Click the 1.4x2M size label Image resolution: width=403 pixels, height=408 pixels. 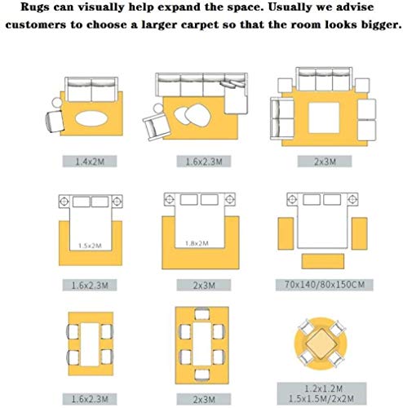point(90,162)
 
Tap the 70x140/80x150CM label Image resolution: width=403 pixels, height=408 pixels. point(325,285)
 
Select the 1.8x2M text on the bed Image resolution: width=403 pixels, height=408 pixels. point(197,243)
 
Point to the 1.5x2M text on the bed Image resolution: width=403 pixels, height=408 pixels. point(90,246)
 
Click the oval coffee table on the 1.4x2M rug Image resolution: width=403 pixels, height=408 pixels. point(91,118)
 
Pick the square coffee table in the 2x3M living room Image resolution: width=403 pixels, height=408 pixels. point(324,118)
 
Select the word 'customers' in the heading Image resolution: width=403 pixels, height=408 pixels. point(36,24)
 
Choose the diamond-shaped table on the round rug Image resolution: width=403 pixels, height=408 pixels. point(321,344)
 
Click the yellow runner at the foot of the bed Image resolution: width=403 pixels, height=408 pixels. point(323,261)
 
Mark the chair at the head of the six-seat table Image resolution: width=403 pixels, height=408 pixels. point(202,313)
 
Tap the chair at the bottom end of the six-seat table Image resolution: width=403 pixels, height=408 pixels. point(202,375)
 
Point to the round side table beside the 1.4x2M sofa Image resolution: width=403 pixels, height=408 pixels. point(57,103)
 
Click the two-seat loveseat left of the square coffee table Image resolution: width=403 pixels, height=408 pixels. point(282,119)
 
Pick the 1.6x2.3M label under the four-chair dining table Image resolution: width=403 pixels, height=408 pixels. point(90,399)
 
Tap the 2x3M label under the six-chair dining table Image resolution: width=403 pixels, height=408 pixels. point(204,399)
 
